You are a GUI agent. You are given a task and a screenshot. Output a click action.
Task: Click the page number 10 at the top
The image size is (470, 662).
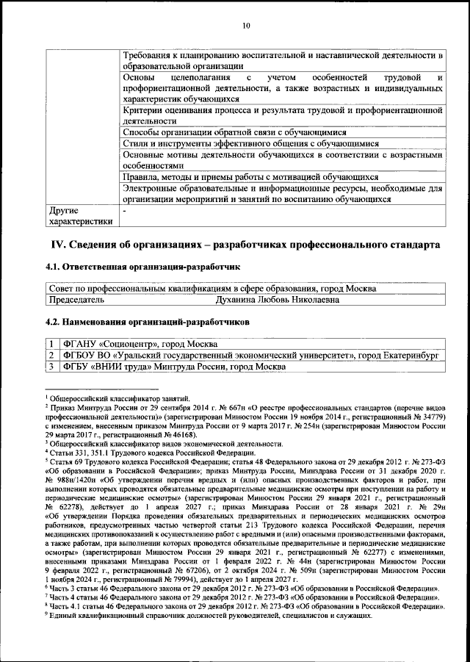(245, 26)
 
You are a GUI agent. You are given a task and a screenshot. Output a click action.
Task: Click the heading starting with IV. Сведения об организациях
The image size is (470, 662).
(245, 244)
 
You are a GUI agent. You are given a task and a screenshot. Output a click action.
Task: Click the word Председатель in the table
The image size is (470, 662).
(76, 300)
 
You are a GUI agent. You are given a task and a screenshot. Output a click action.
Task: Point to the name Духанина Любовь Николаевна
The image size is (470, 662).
(277, 300)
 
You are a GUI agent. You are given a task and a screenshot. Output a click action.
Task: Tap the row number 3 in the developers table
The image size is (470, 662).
(52, 367)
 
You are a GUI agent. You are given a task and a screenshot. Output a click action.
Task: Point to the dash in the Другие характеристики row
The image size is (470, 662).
(125, 210)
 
